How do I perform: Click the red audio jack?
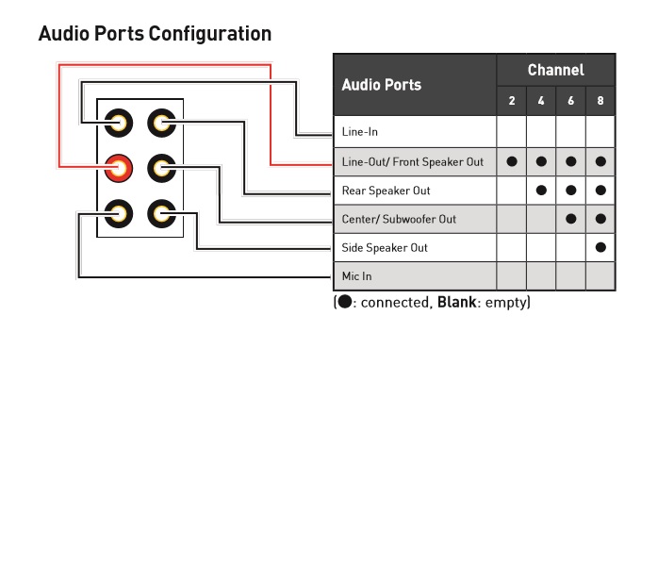click(119, 169)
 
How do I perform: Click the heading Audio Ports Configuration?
click(155, 34)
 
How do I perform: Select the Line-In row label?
click(359, 132)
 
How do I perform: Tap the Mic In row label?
click(356, 276)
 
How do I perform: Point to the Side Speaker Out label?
click(385, 248)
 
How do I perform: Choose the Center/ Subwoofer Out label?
click(399, 219)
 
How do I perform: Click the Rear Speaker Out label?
click(387, 191)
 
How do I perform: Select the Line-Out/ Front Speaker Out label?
click(413, 162)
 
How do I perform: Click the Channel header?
click(555, 70)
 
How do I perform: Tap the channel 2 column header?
click(512, 101)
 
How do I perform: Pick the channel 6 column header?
click(570, 101)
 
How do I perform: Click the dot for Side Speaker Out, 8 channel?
click(600, 247)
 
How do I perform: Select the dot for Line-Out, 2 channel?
click(512, 161)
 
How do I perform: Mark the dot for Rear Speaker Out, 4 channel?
click(541, 191)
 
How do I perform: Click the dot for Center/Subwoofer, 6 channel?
click(570, 219)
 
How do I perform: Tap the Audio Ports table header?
click(382, 85)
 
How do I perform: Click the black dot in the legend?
click(345, 302)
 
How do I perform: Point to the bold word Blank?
click(456, 302)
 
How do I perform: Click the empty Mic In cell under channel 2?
click(512, 275)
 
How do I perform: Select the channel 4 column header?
click(541, 101)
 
